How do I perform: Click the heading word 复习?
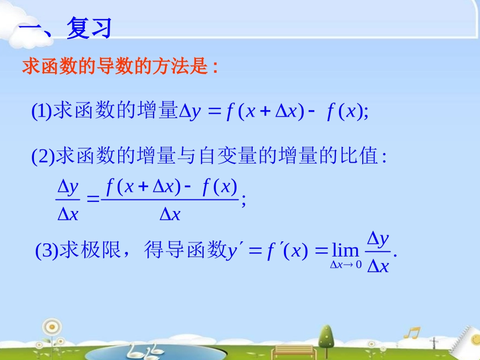(89, 29)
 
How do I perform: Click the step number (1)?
(41, 112)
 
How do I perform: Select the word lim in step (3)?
(346, 250)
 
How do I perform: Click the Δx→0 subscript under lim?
(346, 265)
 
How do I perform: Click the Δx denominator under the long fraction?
(170, 215)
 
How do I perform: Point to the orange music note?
(412, 334)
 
